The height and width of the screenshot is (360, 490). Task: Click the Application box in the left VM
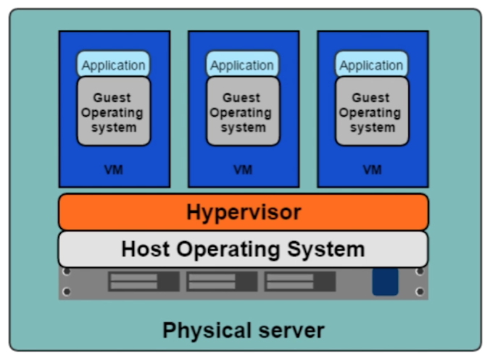[x=113, y=65]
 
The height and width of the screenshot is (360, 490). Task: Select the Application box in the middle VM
[x=242, y=65]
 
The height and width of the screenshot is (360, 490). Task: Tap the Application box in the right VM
[x=371, y=65]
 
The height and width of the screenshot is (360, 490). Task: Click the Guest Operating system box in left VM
[x=113, y=112]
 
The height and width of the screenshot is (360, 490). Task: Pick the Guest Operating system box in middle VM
[x=242, y=112]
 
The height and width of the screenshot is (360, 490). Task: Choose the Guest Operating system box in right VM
[x=371, y=112]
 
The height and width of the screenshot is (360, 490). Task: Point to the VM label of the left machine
[x=113, y=170]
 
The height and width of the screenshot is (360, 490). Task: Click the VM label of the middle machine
[x=242, y=170]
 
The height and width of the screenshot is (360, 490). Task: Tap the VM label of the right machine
[x=372, y=170]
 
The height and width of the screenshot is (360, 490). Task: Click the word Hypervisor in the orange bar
[x=243, y=212]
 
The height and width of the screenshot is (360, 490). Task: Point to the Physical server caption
[x=243, y=330]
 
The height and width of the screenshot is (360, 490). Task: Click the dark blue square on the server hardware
[x=385, y=282]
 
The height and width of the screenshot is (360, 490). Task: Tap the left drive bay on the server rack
[x=144, y=282]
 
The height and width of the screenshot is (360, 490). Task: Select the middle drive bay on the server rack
[x=222, y=282]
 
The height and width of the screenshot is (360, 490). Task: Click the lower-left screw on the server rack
[x=67, y=292]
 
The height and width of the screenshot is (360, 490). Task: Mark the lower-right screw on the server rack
[x=419, y=292]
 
